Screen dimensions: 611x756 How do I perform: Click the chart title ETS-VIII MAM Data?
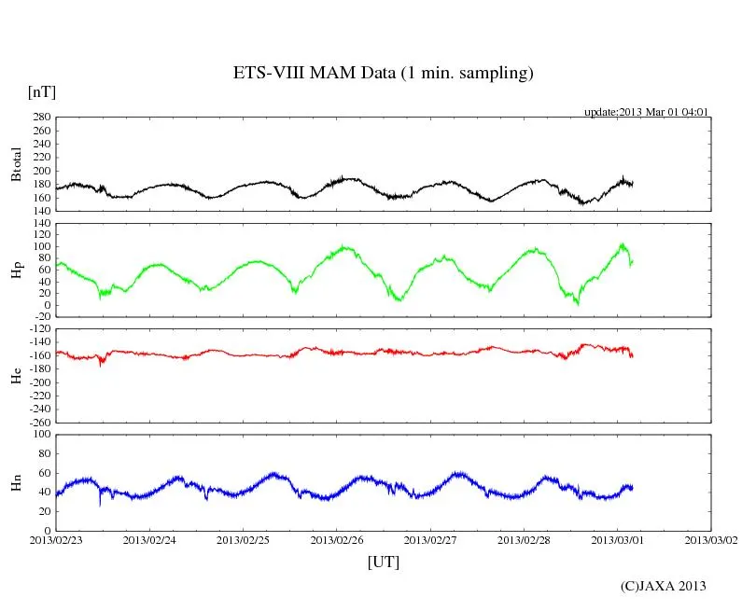pos(383,74)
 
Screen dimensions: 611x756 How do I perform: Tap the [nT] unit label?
pos(42,92)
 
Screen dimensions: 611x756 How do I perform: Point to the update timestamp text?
pos(647,112)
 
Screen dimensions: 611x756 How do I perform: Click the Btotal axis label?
pos(16,163)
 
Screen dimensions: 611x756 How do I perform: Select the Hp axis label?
pos(16,270)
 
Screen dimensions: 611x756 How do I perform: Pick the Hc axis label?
pos(16,376)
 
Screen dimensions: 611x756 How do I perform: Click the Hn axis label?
pos(16,482)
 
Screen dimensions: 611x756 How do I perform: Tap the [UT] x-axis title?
pos(383,562)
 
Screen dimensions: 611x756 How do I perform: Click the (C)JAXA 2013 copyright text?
pos(664,586)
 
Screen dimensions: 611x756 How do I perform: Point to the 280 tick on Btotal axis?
pos(41,118)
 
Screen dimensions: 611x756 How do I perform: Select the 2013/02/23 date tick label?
pos(56,540)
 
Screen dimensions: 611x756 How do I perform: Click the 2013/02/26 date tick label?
pos(337,540)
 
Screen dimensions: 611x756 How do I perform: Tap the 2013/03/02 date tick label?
pos(711,540)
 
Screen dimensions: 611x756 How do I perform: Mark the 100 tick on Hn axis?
pos(41,435)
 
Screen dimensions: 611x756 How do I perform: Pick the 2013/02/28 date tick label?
pos(525,540)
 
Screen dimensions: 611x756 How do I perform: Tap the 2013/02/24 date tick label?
pos(149,540)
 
